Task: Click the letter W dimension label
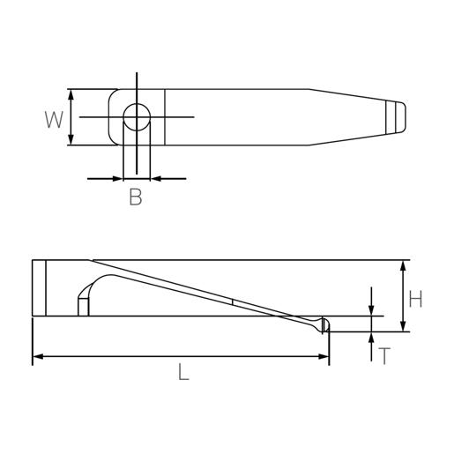[x=55, y=118]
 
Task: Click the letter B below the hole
[x=135, y=197]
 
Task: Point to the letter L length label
[x=182, y=373]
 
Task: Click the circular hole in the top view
[x=136, y=116]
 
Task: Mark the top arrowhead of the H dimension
[x=404, y=265]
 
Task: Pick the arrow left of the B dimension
[x=117, y=178]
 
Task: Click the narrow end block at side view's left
[x=39, y=289]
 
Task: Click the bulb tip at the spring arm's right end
[x=324, y=324]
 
